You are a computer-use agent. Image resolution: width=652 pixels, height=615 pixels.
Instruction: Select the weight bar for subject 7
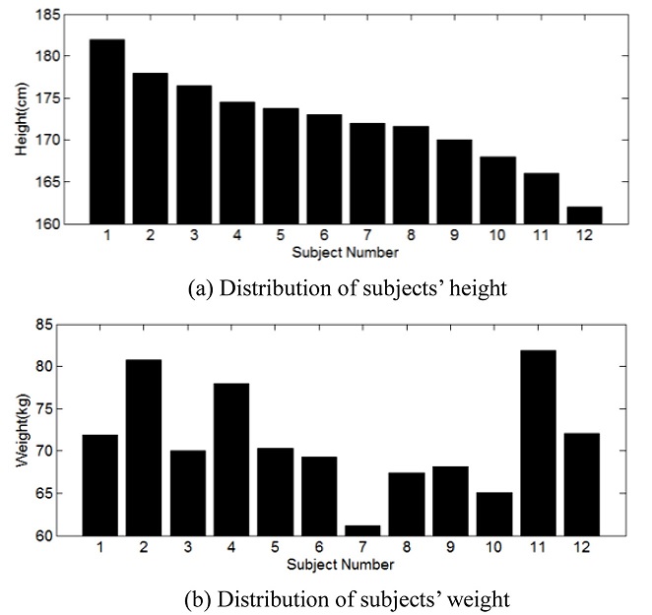click(x=361, y=530)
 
